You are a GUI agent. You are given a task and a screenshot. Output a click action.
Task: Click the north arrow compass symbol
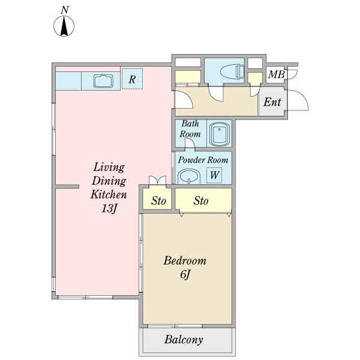pos(64,26)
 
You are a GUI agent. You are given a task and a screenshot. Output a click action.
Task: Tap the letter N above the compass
pos(65,10)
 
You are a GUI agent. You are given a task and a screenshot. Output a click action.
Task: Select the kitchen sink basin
pos(103,81)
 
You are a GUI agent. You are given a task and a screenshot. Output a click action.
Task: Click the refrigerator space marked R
pos(132,79)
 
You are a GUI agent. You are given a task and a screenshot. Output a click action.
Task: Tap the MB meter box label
pos(276,74)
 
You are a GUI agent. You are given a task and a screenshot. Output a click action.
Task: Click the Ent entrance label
pos(272,102)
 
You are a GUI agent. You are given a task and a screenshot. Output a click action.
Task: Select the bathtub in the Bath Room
pos(219,134)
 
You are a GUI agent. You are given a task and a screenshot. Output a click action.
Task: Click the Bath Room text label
pos(190,129)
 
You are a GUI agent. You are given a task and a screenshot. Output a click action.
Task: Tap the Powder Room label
pos(203,160)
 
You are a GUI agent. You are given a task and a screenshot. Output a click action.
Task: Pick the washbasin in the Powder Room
pos(189,176)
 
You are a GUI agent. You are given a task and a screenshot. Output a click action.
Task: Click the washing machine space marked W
pos(214,175)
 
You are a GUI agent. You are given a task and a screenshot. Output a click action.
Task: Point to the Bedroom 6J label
pos(185,268)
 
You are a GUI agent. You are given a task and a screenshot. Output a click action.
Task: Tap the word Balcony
pos(184,340)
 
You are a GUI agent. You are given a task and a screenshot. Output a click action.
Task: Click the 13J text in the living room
pos(109,208)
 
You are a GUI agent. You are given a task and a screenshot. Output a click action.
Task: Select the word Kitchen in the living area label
pos(109,194)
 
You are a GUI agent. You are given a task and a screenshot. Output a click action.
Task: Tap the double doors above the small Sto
pos(157,180)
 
